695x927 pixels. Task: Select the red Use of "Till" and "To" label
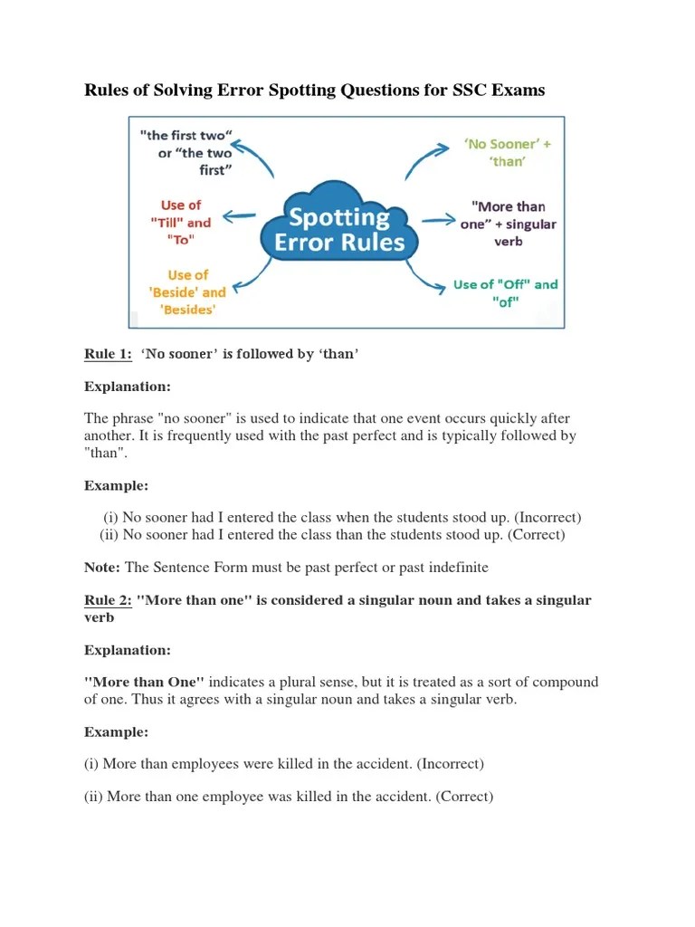(185, 223)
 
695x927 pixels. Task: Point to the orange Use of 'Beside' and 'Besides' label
(187, 291)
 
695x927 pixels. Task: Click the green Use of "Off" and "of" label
(506, 293)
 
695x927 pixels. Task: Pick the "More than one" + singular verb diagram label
(508, 224)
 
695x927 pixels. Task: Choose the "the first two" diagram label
(187, 153)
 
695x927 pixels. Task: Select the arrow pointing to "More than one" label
(437, 220)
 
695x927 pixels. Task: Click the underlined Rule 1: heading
(108, 354)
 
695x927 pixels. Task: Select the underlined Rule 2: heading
(108, 600)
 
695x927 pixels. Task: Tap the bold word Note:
(102, 568)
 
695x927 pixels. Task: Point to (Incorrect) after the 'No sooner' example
(547, 518)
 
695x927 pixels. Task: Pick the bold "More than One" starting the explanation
(145, 682)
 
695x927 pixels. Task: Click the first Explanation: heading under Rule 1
(128, 387)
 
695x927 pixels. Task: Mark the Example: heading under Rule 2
(117, 731)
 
